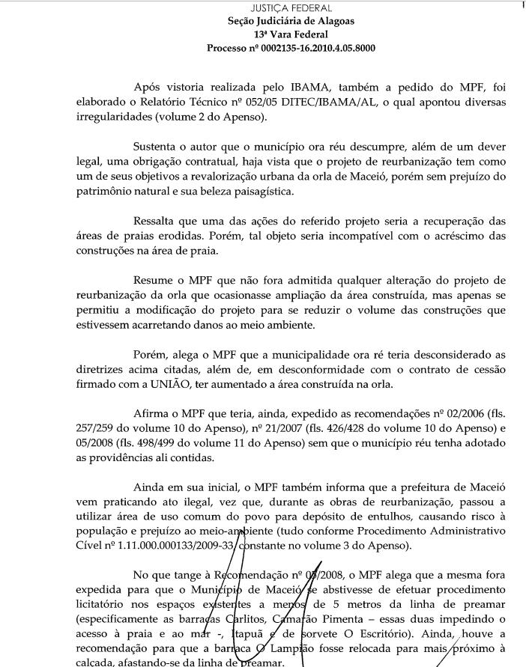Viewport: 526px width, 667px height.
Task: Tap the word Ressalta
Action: pos(155,222)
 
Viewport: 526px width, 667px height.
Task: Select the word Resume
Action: pos(154,281)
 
